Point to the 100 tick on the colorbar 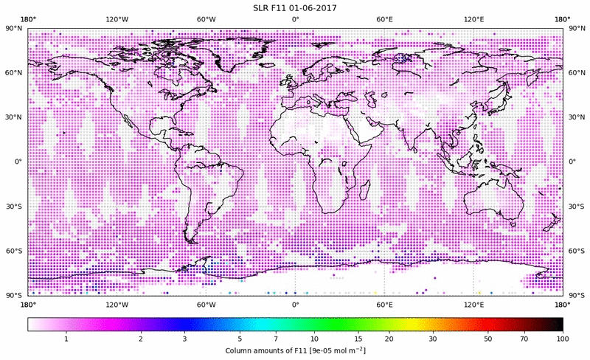point(563,338)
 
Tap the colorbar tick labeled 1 point(66,338)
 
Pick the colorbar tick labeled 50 point(488,338)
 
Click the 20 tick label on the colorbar point(389,338)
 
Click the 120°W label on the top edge point(117,19)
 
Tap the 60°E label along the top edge point(384,19)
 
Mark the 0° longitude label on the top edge point(295,19)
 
